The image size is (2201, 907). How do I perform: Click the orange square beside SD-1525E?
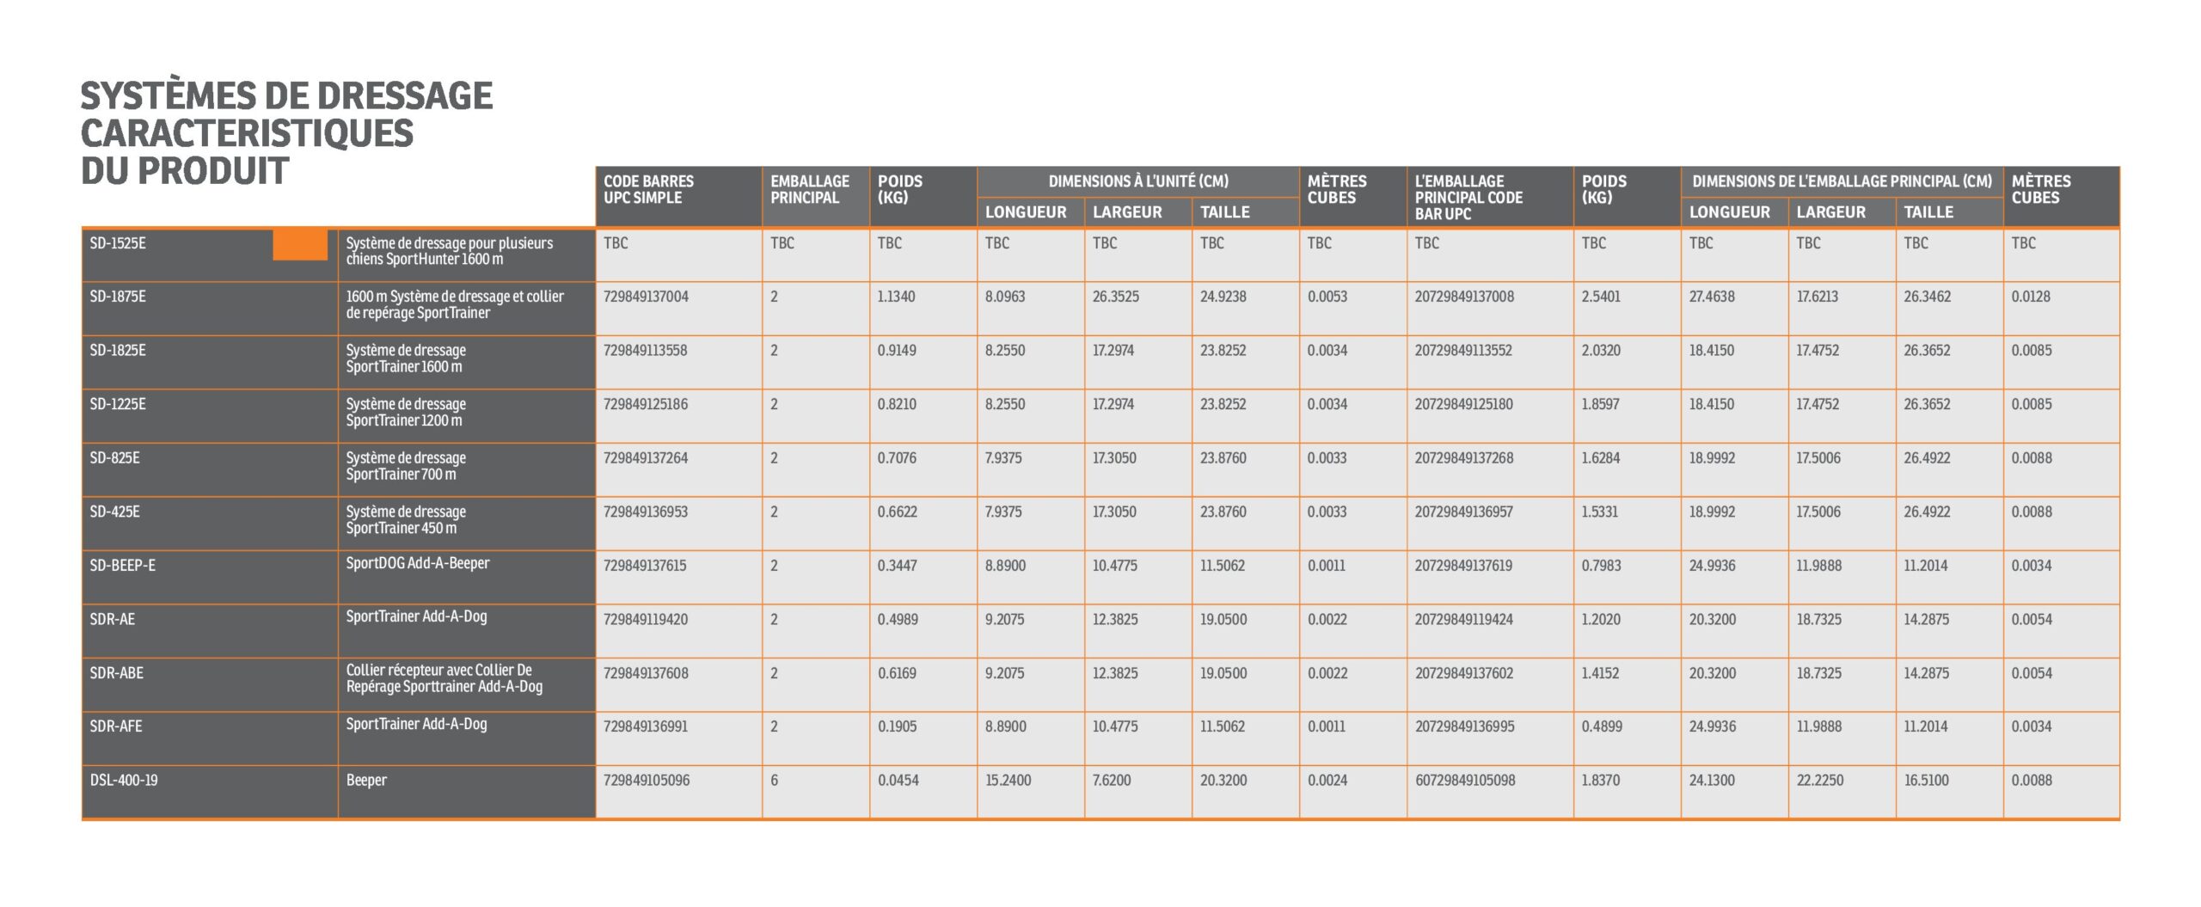[300, 245]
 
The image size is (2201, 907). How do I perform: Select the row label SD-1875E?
[118, 297]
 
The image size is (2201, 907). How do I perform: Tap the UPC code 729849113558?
[645, 351]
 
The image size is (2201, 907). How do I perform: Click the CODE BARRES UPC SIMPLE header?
[648, 189]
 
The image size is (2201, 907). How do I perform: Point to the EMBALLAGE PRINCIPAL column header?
[809, 189]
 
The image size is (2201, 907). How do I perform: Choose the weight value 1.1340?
[896, 297]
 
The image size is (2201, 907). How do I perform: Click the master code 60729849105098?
[1465, 781]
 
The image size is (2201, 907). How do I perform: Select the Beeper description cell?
[366, 781]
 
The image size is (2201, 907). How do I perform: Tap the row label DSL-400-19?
[124, 781]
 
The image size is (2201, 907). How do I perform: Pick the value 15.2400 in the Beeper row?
[1008, 781]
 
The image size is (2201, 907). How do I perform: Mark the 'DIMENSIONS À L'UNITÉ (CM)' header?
[1137, 181]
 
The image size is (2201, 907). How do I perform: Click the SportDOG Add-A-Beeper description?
[418, 563]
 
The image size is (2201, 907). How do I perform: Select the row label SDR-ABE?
[116, 673]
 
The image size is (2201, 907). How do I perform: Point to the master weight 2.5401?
[1601, 297]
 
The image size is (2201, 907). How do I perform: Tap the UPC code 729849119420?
[645, 619]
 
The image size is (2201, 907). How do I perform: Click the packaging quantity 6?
[774, 781]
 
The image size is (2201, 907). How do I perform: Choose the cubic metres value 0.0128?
[2030, 297]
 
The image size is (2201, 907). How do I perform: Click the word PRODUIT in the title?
[213, 171]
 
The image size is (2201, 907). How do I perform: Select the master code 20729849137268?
[1463, 458]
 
